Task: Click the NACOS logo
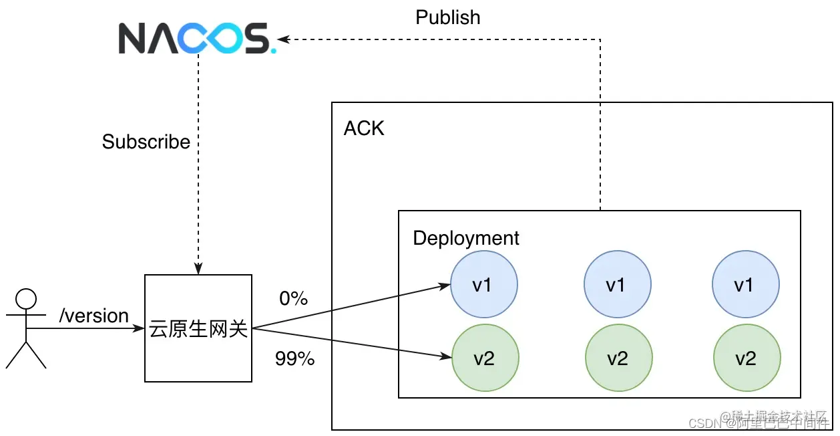tap(196, 38)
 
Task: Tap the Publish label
tap(447, 17)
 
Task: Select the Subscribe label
tap(146, 142)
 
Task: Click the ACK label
tap(364, 128)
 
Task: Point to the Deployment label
tap(466, 238)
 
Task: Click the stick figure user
tap(25, 328)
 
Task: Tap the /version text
tap(94, 316)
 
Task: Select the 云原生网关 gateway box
tap(198, 328)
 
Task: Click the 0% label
tap(293, 299)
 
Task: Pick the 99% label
tap(294, 359)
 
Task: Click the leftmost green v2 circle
tap(485, 358)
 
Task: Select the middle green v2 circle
tap(618, 358)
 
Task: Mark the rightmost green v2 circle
tap(747, 358)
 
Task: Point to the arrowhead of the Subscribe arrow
tap(198, 269)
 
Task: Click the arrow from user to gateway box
tap(87, 328)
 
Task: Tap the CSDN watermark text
tap(706, 423)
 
